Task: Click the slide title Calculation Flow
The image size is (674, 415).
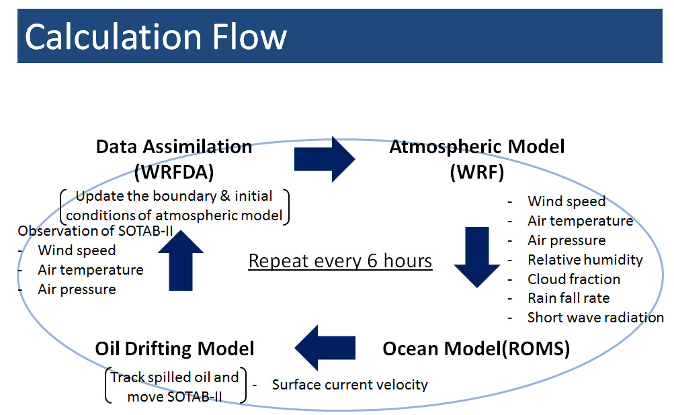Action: tap(156, 36)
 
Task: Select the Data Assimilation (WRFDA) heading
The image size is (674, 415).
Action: tap(174, 159)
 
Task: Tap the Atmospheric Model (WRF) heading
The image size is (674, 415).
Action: tap(477, 159)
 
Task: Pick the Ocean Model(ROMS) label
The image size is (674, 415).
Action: tap(476, 349)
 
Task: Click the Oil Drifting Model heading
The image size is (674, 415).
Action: tap(175, 349)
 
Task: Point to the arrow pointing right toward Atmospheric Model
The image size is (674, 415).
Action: tap(325, 160)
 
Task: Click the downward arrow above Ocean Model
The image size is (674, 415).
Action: tap(477, 257)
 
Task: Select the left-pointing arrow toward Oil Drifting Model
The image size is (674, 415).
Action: tap(325, 349)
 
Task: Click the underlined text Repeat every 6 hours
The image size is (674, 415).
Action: tap(340, 261)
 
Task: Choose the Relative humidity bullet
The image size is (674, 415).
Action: tap(585, 260)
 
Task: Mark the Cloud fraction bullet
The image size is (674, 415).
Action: tap(574, 279)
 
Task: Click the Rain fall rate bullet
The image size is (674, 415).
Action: tap(568, 298)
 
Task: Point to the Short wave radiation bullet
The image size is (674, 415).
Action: tap(595, 318)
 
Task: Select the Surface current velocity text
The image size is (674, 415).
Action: tap(349, 385)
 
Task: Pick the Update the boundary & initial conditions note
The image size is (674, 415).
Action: tap(174, 207)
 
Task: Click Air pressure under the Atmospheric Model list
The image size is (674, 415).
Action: tap(566, 240)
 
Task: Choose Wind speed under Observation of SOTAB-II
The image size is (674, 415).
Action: tap(77, 250)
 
